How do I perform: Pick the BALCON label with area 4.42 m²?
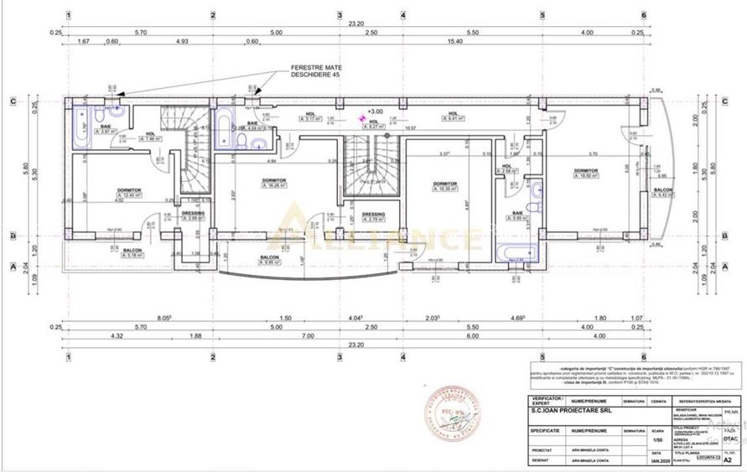(x=662, y=191)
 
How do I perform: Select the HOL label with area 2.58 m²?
(x=506, y=167)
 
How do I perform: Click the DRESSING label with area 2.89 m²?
(x=193, y=214)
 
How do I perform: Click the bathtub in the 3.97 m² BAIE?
(x=82, y=127)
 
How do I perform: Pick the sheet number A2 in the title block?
(x=729, y=459)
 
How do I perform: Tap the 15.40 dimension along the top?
(x=455, y=40)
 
